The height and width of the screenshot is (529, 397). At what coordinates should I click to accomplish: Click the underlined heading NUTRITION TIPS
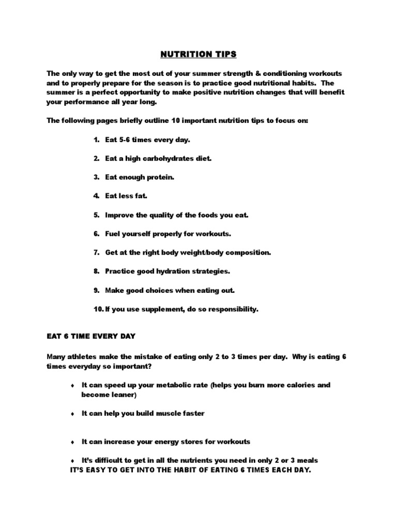pyautogui.click(x=198, y=54)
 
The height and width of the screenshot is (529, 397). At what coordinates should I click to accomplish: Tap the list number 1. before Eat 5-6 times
pyautogui.click(x=96, y=140)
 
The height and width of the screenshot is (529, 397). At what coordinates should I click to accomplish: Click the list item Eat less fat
pyautogui.click(x=126, y=196)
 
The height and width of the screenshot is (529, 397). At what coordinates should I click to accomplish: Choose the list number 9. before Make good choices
pyautogui.click(x=96, y=290)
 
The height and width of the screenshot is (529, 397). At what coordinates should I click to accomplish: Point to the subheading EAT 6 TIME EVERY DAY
pyautogui.click(x=91, y=336)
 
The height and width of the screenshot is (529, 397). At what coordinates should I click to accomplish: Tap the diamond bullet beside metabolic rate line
pyautogui.click(x=72, y=386)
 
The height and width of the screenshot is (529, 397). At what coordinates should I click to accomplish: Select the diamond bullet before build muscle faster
pyautogui.click(x=72, y=414)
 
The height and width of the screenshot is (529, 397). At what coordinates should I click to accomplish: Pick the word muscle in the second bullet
pyautogui.click(x=163, y=414)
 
